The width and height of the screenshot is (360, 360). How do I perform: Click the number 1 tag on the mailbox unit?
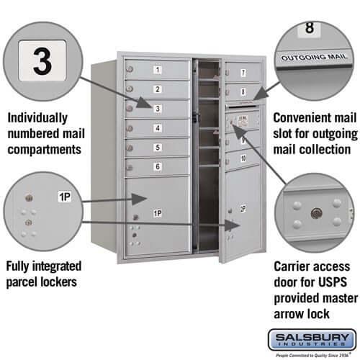pyautogui.click(x=157, y=70)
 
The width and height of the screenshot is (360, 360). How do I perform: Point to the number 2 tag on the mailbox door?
pyautogui.click(x=157, y=89)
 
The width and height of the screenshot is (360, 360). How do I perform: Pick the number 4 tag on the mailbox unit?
pyautogui.click(x=157, y=128)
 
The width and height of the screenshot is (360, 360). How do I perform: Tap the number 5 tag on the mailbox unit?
pyautogui.click(x=157, y=148)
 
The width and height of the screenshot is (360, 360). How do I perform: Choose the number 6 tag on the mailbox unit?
pyautogui.click(x=157, y=167)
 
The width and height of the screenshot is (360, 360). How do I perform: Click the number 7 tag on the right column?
pyautogui.click(x=243, y=73)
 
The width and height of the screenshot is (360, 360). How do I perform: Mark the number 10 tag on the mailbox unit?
pyautogui.click(x=243, y=158)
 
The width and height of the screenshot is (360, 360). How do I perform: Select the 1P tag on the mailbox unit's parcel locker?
pyautogui.click(x=156, y=213)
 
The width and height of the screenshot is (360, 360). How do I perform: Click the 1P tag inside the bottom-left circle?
pyautogui.click(x=64, y=196)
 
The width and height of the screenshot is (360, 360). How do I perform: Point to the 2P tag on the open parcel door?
pyautogui.click(x=243, y=208)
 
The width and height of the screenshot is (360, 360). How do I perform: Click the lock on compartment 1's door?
pyautogui.click(x=130, y=69)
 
